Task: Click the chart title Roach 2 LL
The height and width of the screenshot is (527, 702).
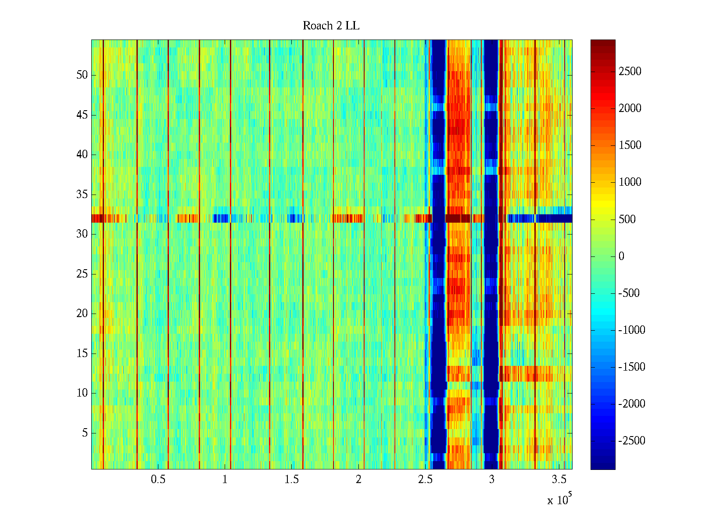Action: tap(331, 26)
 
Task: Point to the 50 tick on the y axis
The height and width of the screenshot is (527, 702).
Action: tap(82, 75)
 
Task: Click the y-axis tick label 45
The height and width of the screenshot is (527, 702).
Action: tap(82, 115)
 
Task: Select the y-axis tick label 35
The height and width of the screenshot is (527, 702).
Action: tap(82, 195)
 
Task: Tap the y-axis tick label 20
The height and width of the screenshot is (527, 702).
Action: tap(82, 314)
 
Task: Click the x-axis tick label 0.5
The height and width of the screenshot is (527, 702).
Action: tap(158, 480)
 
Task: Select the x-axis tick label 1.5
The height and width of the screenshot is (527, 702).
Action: tap(291, 480)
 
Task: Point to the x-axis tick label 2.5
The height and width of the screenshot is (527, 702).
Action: tap(425, 480)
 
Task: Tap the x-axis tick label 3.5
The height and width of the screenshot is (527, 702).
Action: tap(559, 480)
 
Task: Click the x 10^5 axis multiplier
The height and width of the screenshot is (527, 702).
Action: tap(559, 499)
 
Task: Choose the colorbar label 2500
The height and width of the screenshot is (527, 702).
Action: tap(630, 72)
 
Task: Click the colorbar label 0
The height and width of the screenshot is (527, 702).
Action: tap(621, 256)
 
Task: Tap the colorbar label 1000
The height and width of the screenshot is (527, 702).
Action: tap(630, 182)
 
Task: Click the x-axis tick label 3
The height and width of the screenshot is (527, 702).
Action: tap(492, 480)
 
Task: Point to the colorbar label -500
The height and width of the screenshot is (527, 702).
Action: tap(629, 293)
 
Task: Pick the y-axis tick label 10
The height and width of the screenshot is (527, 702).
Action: tap(82, 393)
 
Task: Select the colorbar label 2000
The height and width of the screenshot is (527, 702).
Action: tap(630, 108)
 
